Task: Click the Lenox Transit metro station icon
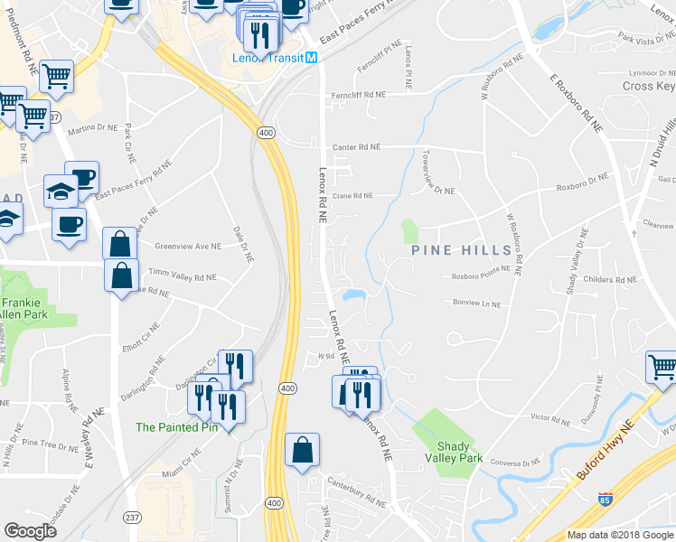[x=312, y=57]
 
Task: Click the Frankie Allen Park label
[x=24, y=310]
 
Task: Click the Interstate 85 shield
[x=604, y=499]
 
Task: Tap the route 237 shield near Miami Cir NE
[x=132, y=516]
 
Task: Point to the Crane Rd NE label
[x=352, y=195]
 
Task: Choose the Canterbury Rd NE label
[x=356, y=493]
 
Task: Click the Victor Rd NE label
[x=551, y=418]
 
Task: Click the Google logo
[x=30, y=530]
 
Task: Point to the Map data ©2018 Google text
[x=619, y=535]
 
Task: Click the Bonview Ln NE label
[x=478, y=304]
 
